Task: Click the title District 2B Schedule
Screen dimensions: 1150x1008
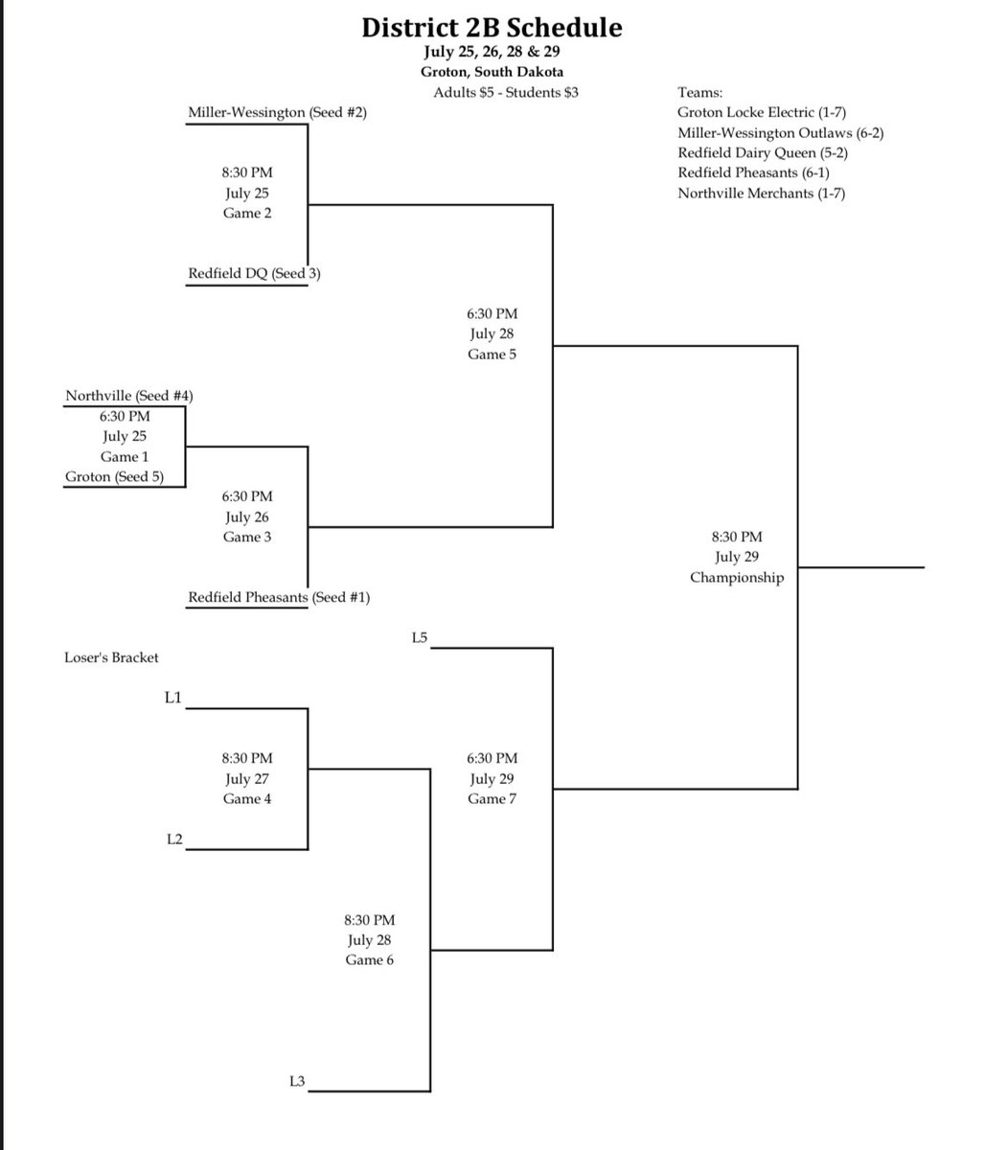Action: click(x=492, y=28)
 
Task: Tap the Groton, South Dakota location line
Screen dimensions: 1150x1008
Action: click(x=492, y=72)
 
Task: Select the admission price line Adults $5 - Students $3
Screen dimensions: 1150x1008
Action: click(x=505, y=92)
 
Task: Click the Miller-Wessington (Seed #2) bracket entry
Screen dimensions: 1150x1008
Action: click(x=278, y=113)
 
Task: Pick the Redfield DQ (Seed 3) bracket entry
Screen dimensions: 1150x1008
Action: click(x=254, y=274)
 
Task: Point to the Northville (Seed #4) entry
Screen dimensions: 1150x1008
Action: click(x=130, y=396)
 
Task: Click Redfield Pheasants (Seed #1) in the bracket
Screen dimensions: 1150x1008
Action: click(x=279, y=598)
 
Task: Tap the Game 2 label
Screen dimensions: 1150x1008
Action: click(x=247, y=214)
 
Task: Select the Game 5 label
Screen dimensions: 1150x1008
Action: click(x=493, y=355)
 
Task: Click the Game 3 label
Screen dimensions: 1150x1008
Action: click(x=247, y=538)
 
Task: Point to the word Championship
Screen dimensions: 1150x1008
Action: click(x=737, y=578)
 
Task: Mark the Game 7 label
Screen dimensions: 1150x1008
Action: click(x=493, y=799)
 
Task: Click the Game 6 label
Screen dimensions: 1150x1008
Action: click(x=370, y=960)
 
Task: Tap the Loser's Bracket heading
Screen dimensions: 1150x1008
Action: click(x=111, y=657)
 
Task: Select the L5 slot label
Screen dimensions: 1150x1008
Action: click(x=418, y=636)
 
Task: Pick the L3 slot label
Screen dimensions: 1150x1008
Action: click(x=297, y=1082)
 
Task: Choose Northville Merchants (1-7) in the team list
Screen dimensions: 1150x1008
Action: click(x=762, y=194)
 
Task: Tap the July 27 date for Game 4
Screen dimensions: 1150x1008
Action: click(x=247, y=779)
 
